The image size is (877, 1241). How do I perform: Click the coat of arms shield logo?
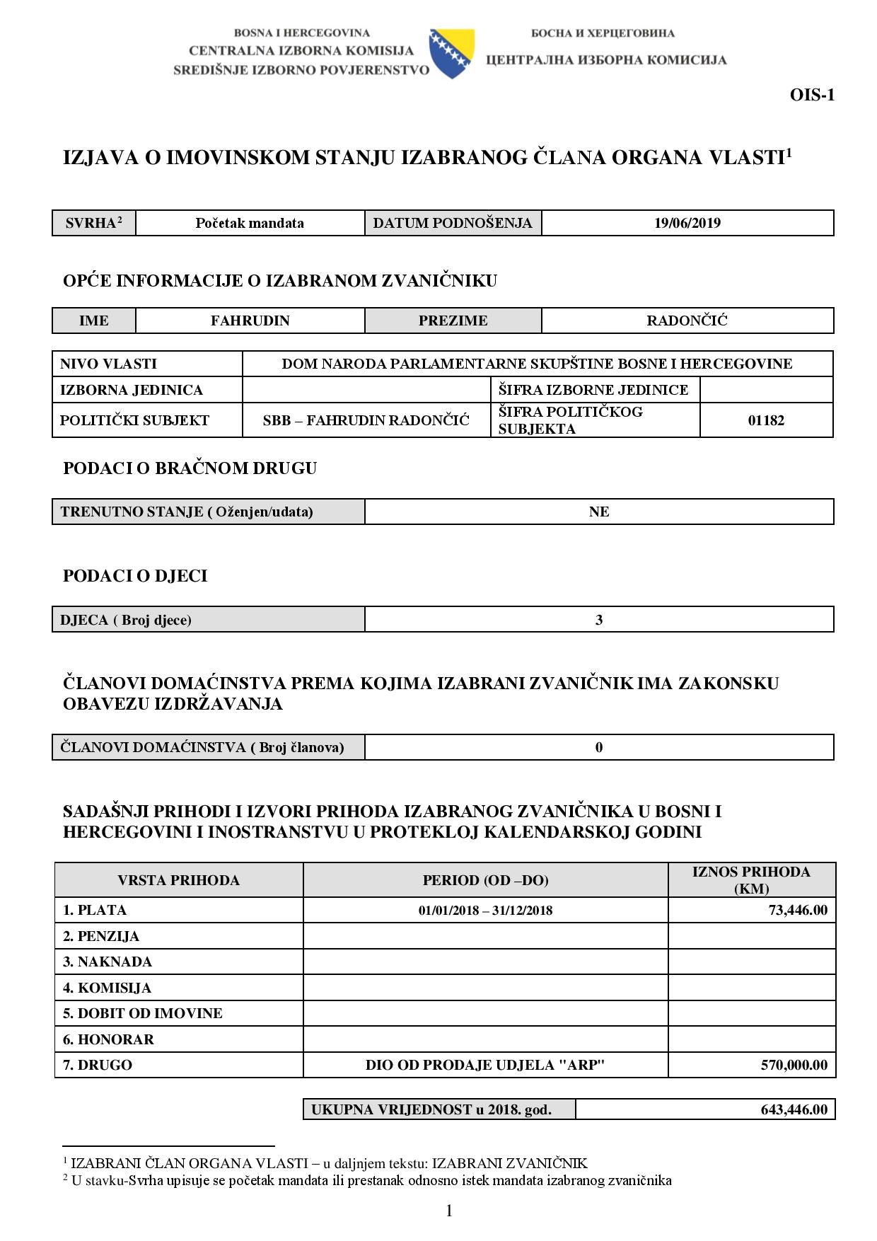click(x=451, y=53)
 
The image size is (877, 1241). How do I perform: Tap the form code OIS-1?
click(x=812, y=95)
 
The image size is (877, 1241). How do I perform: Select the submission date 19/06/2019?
click(x=687, y=223)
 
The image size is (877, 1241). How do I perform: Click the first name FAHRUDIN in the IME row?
click(x=250, y=321)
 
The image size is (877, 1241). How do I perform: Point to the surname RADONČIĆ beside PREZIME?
click(x=687, y=321)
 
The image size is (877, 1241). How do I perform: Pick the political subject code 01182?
click(x=766, y=420)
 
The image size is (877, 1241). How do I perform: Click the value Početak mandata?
click(x=250, y=223)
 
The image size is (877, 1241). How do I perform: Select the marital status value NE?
click(x=598, y=512)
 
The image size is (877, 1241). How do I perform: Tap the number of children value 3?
click(x=598, y=620)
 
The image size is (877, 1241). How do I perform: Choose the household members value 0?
click(x=598, y=747)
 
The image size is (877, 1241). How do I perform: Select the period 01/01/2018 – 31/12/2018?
click(x=485, y=911)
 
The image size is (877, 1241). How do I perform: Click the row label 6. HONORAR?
click(x=108, y=1039)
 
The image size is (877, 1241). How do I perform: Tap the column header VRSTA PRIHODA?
click(x=178, y=880)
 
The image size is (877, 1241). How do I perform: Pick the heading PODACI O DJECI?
click(x=135, y=576)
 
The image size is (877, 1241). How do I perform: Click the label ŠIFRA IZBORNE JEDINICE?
click(x=593, y=390)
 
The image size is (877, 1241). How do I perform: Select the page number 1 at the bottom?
click(x=448, y=1211)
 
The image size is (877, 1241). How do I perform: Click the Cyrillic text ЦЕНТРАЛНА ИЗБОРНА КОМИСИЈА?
click(x=606, y=60)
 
